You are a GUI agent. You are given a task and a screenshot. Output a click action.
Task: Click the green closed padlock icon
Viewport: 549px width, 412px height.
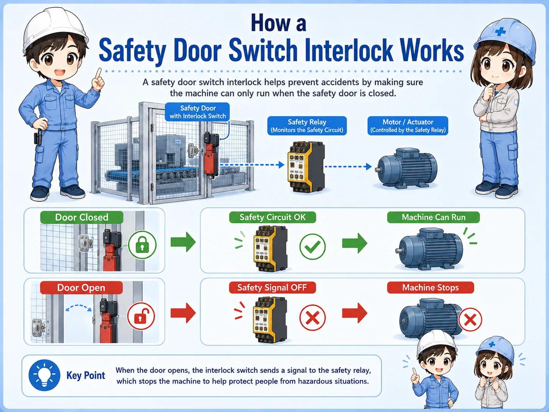[x=142, y=245]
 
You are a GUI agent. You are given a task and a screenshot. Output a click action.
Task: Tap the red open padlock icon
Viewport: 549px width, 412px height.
[x=141, y=316]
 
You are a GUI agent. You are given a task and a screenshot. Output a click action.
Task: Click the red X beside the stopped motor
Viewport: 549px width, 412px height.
[x=470, y=320]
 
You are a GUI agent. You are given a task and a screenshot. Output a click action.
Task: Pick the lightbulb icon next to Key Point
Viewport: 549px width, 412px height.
[x=44, y=375]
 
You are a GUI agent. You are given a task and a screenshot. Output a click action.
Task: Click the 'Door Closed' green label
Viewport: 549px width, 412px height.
[x=82, y=217]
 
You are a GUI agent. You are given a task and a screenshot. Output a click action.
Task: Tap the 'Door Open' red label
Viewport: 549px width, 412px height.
[x=81, y=288]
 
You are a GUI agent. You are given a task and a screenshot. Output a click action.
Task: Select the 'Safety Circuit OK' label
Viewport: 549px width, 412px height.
[x=272, y=217]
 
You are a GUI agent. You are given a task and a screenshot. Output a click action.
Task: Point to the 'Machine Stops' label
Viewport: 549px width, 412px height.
[x=430, y=288]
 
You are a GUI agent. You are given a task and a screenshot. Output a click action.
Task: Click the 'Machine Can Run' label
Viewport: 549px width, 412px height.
[x=433, y=217]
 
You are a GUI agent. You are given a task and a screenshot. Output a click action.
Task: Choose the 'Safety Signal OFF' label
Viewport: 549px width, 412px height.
[x=272, y=288]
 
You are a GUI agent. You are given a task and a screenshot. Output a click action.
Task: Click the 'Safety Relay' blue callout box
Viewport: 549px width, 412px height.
[x=307, y=126]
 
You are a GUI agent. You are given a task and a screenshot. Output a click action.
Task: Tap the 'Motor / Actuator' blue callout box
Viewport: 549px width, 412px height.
[x=408, y=126]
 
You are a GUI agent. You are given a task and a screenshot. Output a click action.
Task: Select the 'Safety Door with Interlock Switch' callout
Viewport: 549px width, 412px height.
[x=197, y=112]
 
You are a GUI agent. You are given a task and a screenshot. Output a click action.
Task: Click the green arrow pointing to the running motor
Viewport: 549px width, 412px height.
[x=354, y=243]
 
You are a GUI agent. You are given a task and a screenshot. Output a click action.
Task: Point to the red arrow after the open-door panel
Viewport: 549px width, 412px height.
[x=183, y=313]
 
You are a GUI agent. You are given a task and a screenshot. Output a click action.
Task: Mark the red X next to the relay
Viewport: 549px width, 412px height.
[x=312, y=318]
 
